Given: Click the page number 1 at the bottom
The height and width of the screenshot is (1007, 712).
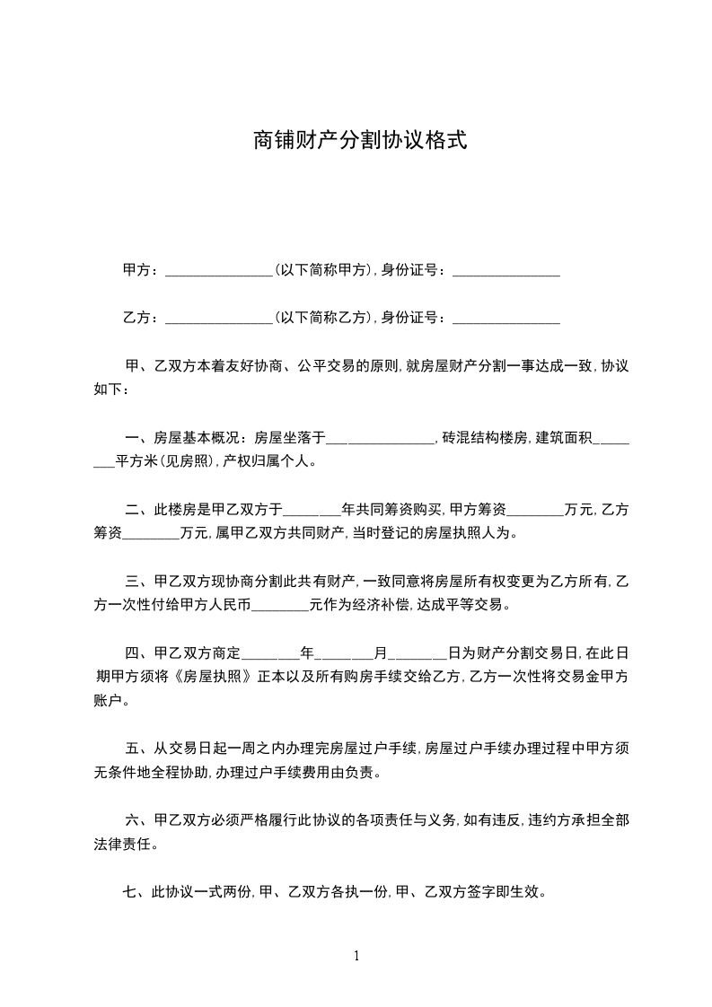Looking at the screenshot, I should click(356, 956).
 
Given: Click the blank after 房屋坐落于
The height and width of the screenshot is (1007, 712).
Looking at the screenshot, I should click(380, 440).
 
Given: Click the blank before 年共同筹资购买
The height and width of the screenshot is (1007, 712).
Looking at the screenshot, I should click(312, 512).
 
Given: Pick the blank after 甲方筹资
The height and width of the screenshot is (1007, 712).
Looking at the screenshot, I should click(535, 512).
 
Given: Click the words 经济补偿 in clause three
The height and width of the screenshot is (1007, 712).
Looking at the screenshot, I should click(376, 605).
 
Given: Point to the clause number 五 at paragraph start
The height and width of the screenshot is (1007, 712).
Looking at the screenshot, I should click(132, 748).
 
